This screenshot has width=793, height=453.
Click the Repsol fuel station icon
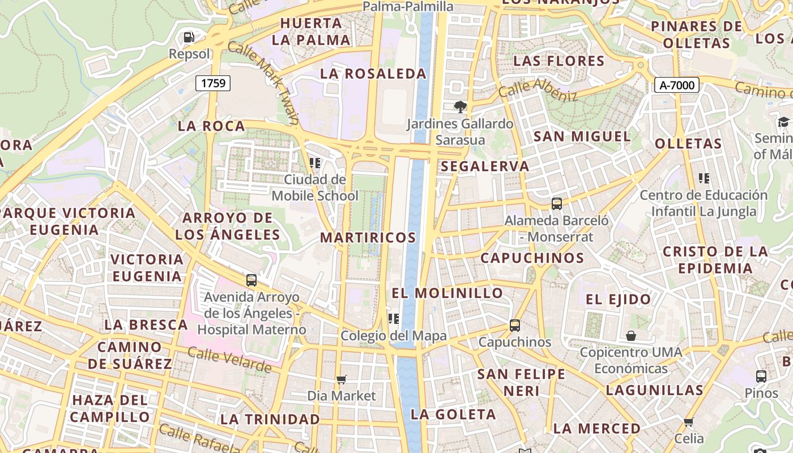click(189, 38)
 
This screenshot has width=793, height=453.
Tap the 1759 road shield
click(213, 83)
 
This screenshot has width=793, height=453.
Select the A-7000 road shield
click(676, 85)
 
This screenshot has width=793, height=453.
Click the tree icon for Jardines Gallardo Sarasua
click(460, 106)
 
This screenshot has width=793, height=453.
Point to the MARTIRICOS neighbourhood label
click(368, 238)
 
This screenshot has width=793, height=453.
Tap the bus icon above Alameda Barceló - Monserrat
click(556, 204)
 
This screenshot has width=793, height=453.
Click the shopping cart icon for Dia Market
click(341, 379)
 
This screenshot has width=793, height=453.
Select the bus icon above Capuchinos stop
click(514, 326)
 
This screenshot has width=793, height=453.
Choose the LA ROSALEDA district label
click(373, 74)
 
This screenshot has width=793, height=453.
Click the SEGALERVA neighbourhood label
click(485, 166)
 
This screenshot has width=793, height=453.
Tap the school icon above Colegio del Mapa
click(393, 319)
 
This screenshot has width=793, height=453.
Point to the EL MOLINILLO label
click(447, 293)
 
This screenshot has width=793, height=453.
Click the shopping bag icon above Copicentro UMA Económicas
click(630, 336)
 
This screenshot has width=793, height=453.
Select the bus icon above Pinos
click(761, 377)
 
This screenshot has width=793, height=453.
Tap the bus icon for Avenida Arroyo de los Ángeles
click(251, 280)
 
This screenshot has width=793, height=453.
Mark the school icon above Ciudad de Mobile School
click(315, 163)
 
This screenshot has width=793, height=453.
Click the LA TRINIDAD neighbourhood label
click(270, 420)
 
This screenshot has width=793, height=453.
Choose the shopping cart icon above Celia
click(689, 422)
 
